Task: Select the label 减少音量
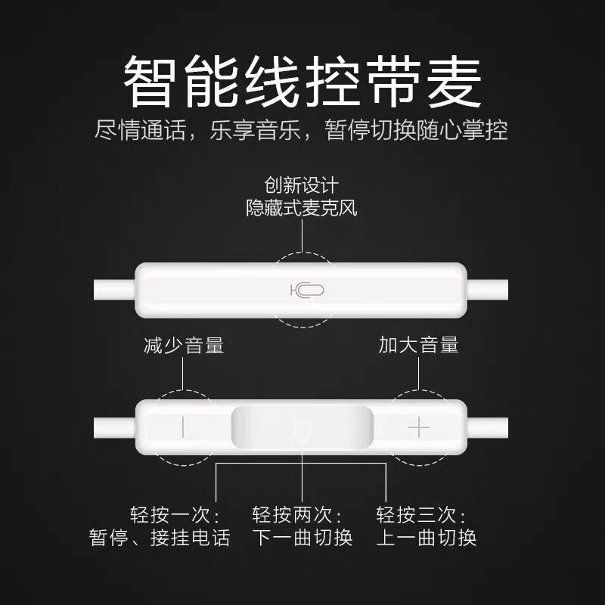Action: point(184,346)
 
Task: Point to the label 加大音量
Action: point(419,346)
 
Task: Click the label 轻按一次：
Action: point(175,516)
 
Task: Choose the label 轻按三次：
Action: point(422,516)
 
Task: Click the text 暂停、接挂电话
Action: point(159,538)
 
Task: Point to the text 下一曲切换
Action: point(302,538)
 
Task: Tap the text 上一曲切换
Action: point(427,538)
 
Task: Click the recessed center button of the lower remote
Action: point(302,428)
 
